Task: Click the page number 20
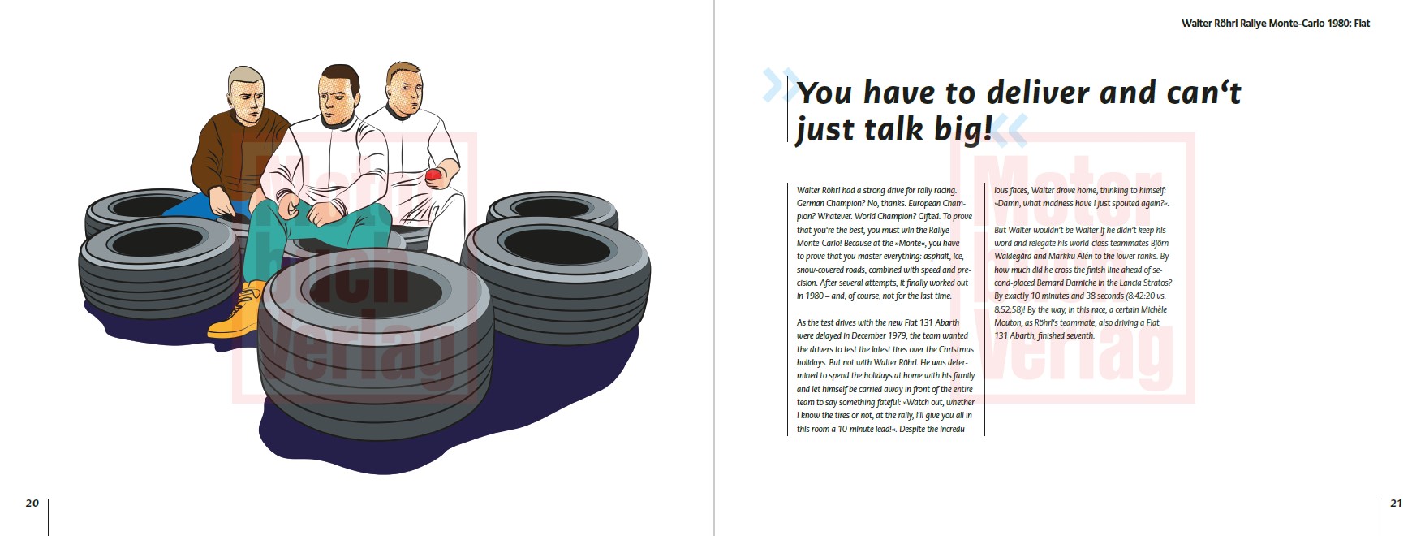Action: coord(32,504)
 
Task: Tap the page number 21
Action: coord(1396,504)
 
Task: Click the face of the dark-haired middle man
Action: coord(338,100)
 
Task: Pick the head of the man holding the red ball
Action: coord(404,89)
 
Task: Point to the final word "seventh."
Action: coord(1078,336)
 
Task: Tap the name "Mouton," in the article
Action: coord(1010,323)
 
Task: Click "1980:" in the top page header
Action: coord(1338,24)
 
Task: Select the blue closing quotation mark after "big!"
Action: coord(1010,129)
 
